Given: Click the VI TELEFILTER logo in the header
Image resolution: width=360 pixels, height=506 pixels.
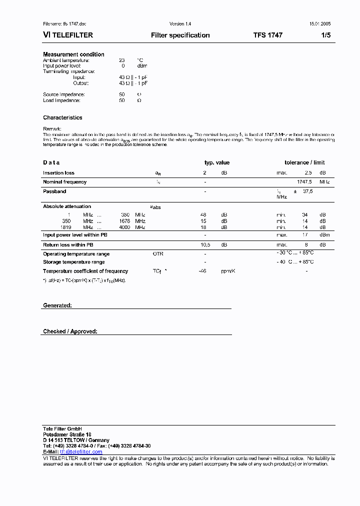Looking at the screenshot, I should click(68, 35).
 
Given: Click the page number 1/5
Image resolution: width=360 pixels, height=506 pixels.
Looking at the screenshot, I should click(325, 35).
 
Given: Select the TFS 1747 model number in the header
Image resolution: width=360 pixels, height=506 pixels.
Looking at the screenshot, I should click(267, 35).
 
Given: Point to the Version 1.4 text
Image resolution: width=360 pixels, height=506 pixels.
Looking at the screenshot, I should click(180, 24).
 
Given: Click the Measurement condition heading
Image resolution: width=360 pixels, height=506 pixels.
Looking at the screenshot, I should click(73, 54).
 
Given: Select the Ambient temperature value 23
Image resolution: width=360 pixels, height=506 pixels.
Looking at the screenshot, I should click(122, 60).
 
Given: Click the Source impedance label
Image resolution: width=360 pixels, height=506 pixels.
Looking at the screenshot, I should click(64, 94).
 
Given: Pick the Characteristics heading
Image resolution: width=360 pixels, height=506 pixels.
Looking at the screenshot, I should click(62, 117).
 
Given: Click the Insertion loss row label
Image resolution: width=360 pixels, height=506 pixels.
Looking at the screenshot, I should click(58, 173).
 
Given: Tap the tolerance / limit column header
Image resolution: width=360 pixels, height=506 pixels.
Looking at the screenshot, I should click(304, 162).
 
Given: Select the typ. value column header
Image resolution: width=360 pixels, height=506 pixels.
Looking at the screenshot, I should click(217, 162).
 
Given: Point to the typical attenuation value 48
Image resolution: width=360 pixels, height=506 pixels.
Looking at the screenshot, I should click(203, 214).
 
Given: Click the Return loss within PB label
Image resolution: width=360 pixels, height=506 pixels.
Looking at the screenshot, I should click(68, 245).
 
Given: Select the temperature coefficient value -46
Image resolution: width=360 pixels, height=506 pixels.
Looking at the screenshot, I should click(202, 271).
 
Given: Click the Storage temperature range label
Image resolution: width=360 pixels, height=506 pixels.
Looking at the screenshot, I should click(74, 262).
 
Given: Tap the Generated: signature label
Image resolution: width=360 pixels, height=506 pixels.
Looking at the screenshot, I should click(57, 305).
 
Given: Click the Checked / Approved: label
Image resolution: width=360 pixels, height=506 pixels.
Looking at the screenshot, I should click(70, 331).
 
